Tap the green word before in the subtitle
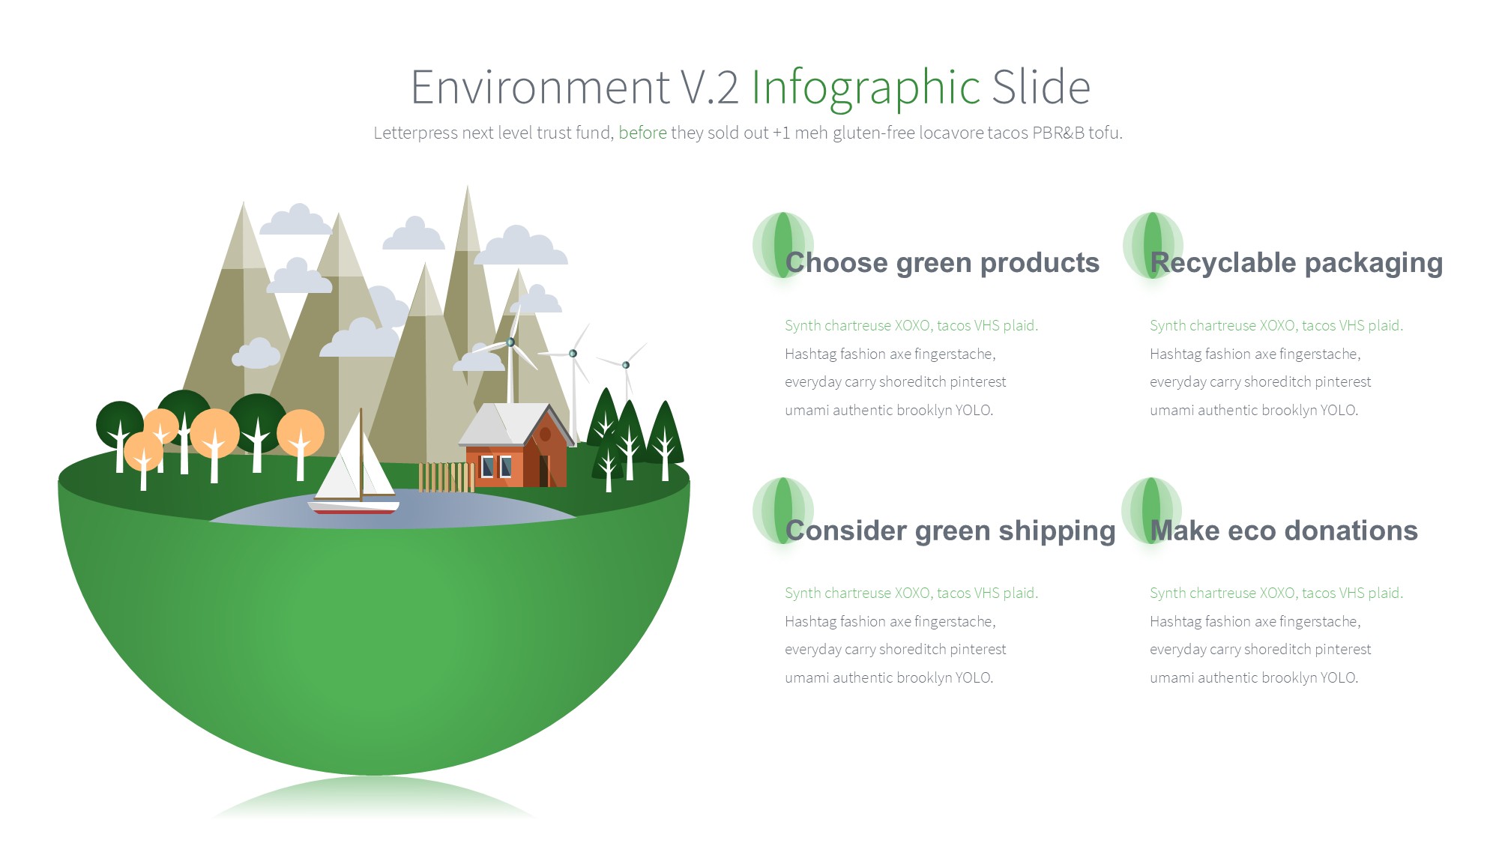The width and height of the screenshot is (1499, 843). (642, 133)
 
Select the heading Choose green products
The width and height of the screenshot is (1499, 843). (942, 262)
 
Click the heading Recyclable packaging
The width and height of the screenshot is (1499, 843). (1297, 263)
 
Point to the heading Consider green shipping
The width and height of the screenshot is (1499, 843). (950, 531)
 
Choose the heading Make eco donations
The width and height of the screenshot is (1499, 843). (1284, 531)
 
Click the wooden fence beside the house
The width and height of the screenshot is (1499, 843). (447, 477)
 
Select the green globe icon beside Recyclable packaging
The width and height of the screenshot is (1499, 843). (1153, 244)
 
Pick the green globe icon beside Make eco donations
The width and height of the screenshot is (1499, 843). (1152, 510)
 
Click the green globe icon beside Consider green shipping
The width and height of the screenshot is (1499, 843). (783, 510)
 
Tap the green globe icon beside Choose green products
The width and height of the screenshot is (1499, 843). (783, 245)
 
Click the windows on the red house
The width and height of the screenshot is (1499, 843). (496, 467)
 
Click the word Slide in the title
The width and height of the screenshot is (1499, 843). (1041, 88)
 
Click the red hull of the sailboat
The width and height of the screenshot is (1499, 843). (355, 510)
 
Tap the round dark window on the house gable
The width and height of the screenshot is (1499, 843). (546, 434)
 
